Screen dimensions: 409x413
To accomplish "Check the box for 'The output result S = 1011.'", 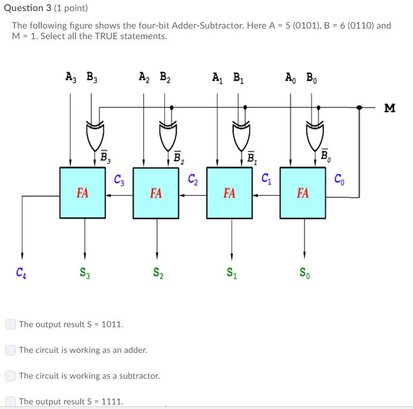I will [x=11, y=324].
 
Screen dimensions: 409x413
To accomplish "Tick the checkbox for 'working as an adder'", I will [x=11, y=350].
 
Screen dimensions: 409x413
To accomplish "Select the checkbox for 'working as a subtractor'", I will [x=11, y=376].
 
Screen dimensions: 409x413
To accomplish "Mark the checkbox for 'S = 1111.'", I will [x=11, y=402].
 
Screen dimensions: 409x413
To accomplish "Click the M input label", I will [x=390, y=108].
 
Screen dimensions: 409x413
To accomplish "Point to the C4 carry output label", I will [x=21, y=273].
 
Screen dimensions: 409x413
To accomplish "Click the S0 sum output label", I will [x=305, y=274].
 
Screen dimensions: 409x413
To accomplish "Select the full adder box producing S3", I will [x=82, y=193].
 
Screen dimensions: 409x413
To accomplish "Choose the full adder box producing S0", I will [x=303, y=193].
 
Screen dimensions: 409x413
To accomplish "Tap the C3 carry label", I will [x=119, y=179].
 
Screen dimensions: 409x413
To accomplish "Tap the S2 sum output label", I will [x=158, y=274].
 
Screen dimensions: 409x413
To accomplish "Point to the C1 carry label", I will [x=266, y=179].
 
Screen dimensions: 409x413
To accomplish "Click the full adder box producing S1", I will [x=230, y=193].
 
